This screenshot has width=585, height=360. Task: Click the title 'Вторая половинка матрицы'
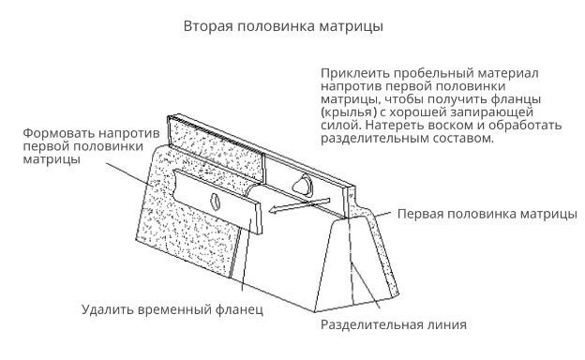click(283, 26)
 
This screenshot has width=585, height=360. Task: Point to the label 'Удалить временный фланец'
click(172, 309)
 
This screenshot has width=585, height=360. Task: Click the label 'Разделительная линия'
click(394, 324)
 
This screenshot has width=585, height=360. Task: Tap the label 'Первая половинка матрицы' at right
click(487, 214)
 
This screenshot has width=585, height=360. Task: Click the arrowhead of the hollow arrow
click(273, 210)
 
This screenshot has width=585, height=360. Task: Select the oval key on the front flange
click(216, 202)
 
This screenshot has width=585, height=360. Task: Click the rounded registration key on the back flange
click(303, 185)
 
